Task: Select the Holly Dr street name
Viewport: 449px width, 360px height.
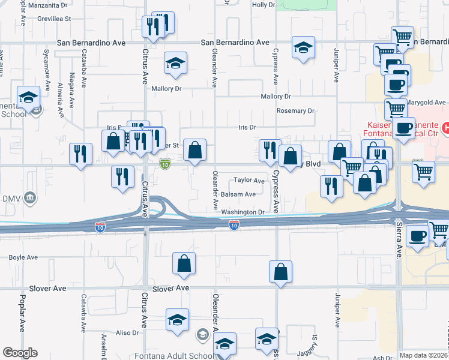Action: [264, 5]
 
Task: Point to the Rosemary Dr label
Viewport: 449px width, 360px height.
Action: [295, 111]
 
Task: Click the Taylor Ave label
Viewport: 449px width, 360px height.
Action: [249, 180]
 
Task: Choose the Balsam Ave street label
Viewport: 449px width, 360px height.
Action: [238, 194]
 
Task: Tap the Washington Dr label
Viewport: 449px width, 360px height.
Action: [243, 212]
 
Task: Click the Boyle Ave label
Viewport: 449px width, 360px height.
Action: [23, 257]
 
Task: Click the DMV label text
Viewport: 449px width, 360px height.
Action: [11, 199]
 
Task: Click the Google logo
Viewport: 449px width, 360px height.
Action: [20, 353]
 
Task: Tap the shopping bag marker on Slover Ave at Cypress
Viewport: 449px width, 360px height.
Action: [280, 272]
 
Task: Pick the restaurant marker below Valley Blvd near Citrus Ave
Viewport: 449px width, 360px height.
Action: [122, 176]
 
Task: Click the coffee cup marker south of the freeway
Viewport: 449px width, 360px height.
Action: [417, 236]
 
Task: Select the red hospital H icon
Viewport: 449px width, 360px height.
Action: [445, 127]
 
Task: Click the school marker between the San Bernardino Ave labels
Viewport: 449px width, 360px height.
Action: [304, 47]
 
